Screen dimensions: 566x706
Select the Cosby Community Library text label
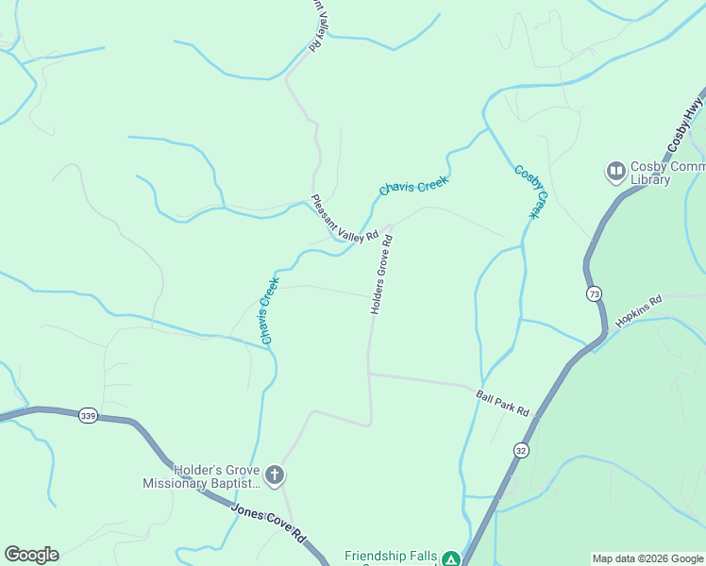661,174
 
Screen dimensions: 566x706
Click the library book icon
615,171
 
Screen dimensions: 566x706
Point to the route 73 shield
592,294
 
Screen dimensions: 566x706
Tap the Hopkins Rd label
639,310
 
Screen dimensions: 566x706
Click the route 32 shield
521,451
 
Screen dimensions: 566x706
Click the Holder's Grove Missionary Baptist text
201,476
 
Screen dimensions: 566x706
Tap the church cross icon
274,475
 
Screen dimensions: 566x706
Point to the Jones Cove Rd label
269,521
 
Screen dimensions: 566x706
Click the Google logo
32,555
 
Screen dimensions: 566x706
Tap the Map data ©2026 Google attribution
647,558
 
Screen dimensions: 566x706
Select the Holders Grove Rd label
380,275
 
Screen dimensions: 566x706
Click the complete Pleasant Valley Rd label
345,219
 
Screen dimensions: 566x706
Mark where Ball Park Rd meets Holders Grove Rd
368,374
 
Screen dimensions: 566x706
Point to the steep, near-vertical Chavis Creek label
269,309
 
